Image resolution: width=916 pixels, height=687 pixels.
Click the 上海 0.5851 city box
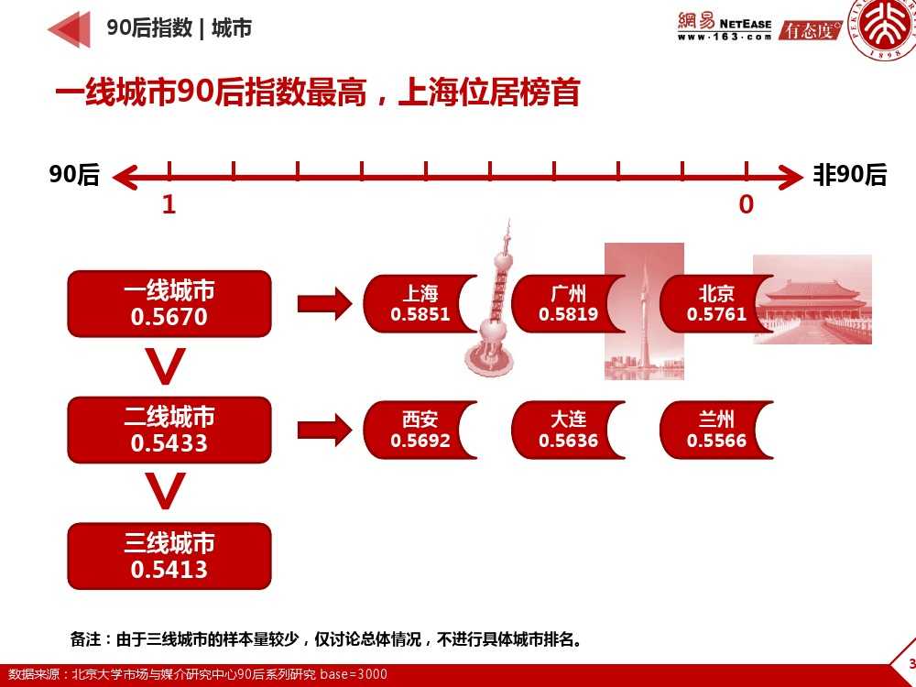pos(420,304)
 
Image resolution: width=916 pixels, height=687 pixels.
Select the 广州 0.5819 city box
pos(568,304)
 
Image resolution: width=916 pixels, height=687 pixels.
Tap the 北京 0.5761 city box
pos(716,304)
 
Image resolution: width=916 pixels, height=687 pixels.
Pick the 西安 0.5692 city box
pos(420,431)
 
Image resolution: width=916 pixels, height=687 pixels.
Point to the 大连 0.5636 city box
pos(568,431)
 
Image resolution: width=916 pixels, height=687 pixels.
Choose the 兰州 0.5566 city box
pos(716,431)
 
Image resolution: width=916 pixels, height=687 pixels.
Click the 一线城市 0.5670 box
pos(169,303)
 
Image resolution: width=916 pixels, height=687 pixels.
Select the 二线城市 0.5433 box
pos(169,430)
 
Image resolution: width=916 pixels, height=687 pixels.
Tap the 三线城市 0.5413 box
pos(169,556)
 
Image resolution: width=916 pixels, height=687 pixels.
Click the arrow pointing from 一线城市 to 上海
pos(324,303)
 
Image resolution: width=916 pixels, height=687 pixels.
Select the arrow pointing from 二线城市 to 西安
pos(324,430)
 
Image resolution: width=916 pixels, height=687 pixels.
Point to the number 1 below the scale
pos(169,204)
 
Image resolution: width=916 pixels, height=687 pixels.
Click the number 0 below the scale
pos(747,204)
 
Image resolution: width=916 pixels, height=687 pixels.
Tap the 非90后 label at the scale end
pos(850,175)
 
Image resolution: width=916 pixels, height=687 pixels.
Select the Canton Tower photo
pos(644,311)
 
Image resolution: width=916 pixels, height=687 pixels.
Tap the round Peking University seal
pos(885,32)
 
